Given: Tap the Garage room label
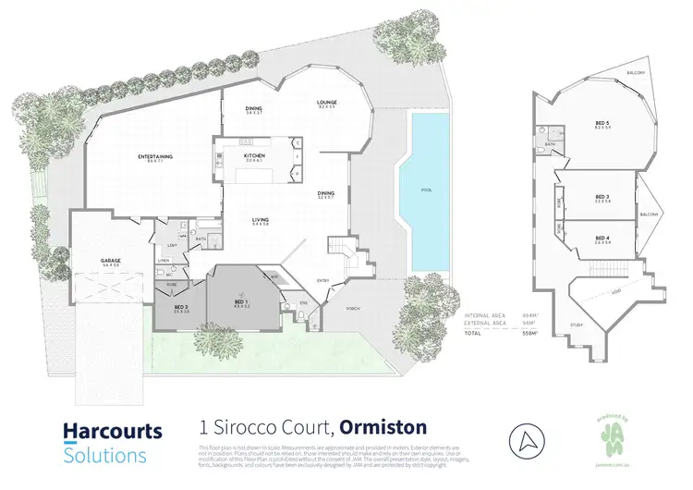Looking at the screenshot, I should click(x=111, y=262).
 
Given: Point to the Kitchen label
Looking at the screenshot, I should click(x=255, y=157).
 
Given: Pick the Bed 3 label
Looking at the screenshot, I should click(x=602, y=197).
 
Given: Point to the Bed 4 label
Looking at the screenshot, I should click(x=602, y=238).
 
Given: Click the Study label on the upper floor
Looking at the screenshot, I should click(x=577, y=325).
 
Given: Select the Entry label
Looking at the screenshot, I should click(x=323, y=279).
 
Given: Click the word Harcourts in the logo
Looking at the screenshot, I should click(x=112, y=431).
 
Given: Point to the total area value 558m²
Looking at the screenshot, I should click(x=529, y=332).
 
